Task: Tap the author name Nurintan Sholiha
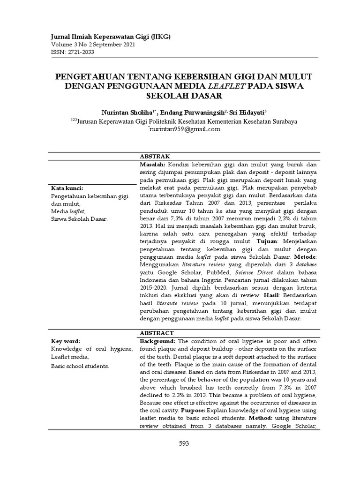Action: coord(128,113)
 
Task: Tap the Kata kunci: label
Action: coord(66,188)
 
